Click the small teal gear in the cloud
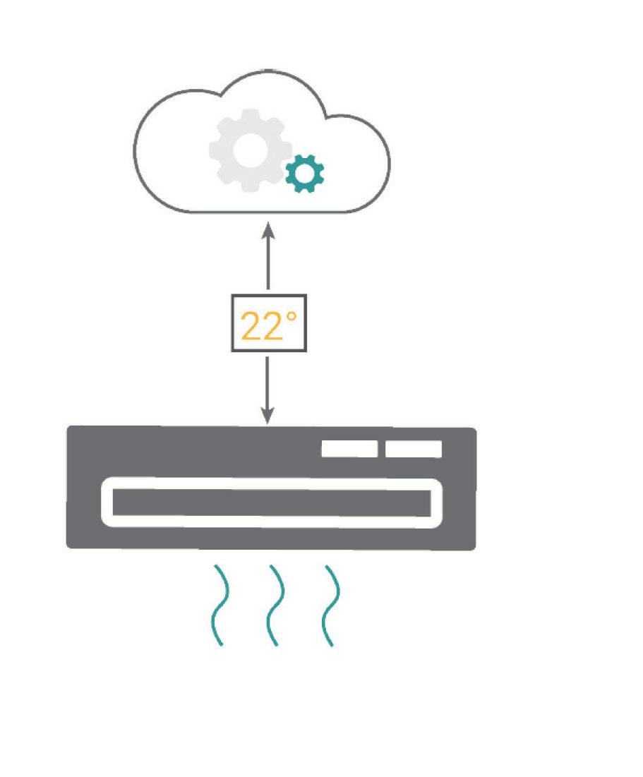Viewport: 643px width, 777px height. point(304,174)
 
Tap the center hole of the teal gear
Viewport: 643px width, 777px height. point(304,174)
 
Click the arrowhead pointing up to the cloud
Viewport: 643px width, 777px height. point(268,231)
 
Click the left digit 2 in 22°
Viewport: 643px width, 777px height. point(251,325)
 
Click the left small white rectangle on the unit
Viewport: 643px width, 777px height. point(349,449)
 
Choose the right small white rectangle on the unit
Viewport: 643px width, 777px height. point(414,449)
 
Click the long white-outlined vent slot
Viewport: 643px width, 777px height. point(272,502)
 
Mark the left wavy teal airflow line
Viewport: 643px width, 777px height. point(220,605)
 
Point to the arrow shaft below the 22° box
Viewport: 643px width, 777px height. point(268,385)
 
